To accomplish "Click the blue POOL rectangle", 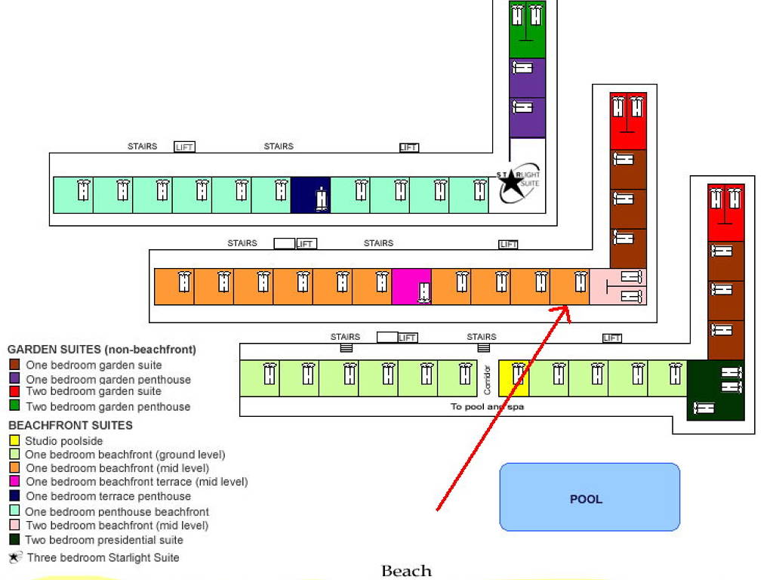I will pyautogui.click(x=590, y=497).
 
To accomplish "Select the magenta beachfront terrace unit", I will pyautogui.click(x=411, y=287).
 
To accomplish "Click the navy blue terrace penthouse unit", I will pyautogui.click(x=310, y=195).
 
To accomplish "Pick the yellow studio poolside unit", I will pyautogui.click(x=514, y=378).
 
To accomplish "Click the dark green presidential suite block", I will pyautogui.click(x=716, y=390).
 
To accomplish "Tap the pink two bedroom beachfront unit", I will pyautogui.click(x=617, y=286).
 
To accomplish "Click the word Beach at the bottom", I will pyautogui.click(x=406, y=571).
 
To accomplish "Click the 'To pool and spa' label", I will pyautogui.click(x=487, y=406).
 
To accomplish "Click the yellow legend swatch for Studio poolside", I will pyautogui.click(x=14, y=441).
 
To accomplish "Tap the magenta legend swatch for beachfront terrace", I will pyautogui.click(x=14, y=482).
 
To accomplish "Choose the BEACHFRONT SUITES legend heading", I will pyautogui.click(x=70, y=425).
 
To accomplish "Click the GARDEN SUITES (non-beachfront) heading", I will pyautogui.click(x=101, y=350).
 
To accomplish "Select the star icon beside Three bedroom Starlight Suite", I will pyautogui.click(x=14, y=558).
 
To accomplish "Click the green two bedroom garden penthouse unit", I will pyautogui.click(x=527, y=29).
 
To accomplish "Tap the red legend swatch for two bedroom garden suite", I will pyautogui.click(x=14, y=392).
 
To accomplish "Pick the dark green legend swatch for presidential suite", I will pyautogui.click(x=14, y=540).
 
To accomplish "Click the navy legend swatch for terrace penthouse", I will pyautogui.click(x=14, y=496).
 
